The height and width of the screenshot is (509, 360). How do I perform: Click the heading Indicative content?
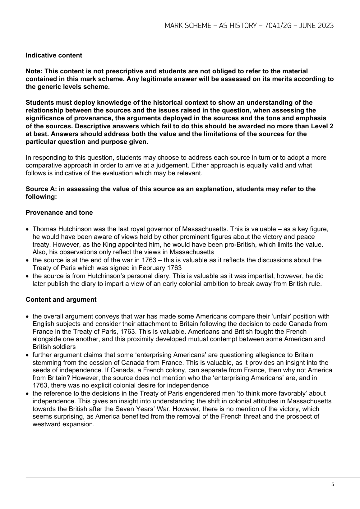tap(54, 55)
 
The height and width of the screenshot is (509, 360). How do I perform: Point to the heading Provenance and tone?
tap(59, 213)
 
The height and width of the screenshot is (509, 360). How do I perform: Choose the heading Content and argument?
tap(61, 300)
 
